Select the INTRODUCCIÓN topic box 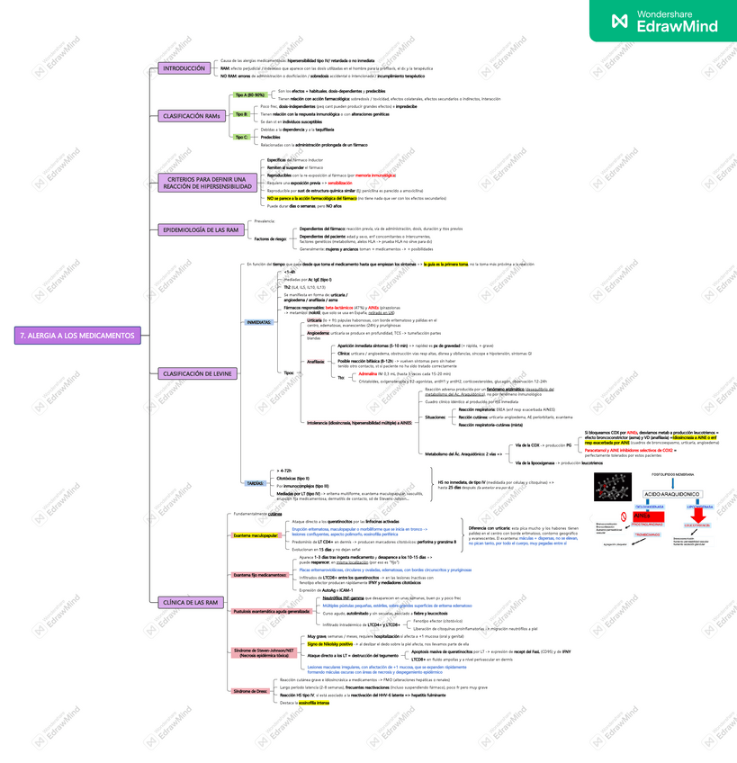click(x=184, y=68)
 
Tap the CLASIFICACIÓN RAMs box click(x=191, y=116)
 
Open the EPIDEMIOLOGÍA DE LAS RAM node click(x=201, y=230)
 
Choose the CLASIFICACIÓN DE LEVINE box click(x=197, y=373)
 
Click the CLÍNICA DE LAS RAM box click(x=189, y=602)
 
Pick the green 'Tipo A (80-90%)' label click(x=249, y=94)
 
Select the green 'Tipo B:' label click(x=241, y=114)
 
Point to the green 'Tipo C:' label click(x=241, y=137)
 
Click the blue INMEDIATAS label click(x=259, y=321)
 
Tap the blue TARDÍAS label click(x=255, y=483)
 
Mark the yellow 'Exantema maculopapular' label click(x=256, y=534)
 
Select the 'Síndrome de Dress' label click(x=247, y=691)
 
